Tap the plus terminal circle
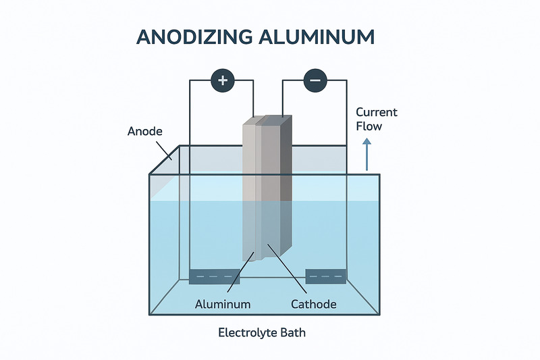click(x=223, y=81)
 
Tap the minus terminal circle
click(x=315, y=81)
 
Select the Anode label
click(x=145, y=132)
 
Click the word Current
click(x=376, y=112)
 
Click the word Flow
click(x=369, y=126)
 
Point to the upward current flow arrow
click(x=367, y=154)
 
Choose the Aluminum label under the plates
click(x=223, y=304)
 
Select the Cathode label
click(x=313, y=304)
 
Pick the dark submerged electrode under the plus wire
click(x=215, y=276)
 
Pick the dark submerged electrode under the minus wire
click(x=326, y=276)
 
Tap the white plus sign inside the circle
click(x=223, y=81)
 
